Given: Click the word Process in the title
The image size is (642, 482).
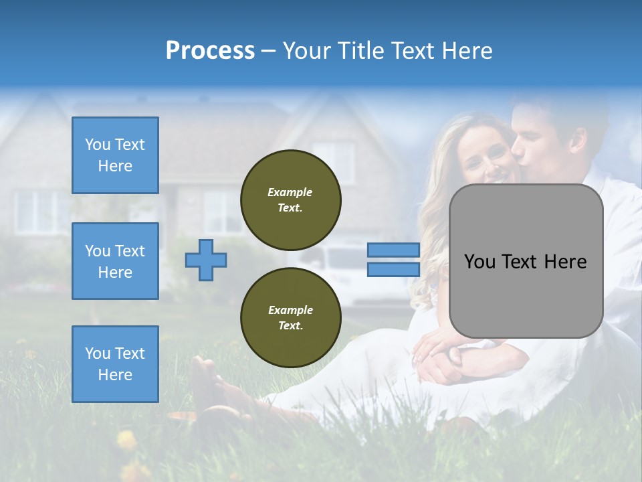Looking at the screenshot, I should click(x=210, y=50).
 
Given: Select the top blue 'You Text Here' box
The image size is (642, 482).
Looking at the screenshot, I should click(x=115, y=155).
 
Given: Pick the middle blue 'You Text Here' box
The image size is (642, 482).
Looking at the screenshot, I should click(x=115, y=261).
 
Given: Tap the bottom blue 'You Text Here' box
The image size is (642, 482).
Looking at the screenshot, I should click(x=115, y=364).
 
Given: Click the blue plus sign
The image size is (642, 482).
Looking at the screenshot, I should click(x=206, y=260).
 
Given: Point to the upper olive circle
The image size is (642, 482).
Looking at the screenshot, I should click(x=290, y=200).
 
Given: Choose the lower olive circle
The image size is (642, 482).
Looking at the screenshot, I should click(x=290, y=318).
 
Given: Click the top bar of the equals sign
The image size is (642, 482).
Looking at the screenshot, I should click(x=394, y=250).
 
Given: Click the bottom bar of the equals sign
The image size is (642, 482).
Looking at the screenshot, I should click(x=394, y=270).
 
